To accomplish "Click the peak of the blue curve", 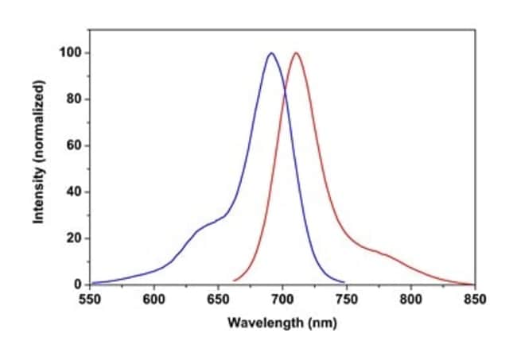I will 271,53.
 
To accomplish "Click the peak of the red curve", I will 296,53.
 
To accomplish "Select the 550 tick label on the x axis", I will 90,300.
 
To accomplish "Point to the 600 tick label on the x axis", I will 154,300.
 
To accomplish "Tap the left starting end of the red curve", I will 233,281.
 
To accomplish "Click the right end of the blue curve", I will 344,282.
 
